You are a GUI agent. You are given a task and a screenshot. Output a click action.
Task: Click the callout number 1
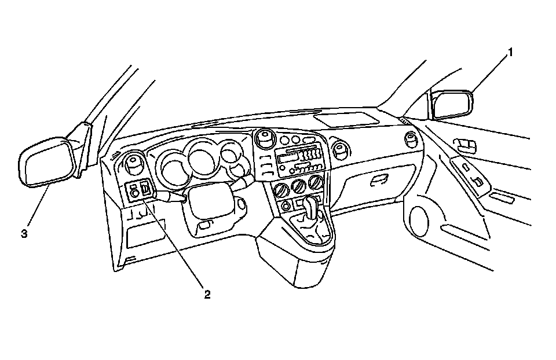(x=510, y=53)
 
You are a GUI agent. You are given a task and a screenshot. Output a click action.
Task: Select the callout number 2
(x=207, y=294)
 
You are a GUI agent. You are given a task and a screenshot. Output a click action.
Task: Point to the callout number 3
(x=24, y=233)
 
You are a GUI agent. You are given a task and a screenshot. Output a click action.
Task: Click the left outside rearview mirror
(x=46, y=161)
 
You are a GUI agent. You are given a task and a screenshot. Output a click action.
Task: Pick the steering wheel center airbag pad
(x=209, y=203)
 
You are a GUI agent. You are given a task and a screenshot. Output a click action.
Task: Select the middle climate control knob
(x=300, y=186)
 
